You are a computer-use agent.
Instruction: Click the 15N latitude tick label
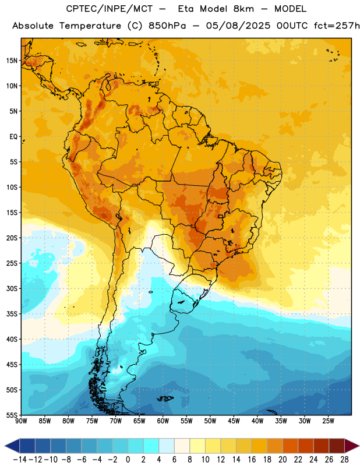[x=12, y=61]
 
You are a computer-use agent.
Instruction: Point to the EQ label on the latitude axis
[x=13, y=137]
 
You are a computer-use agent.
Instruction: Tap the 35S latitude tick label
[x=12, y=314]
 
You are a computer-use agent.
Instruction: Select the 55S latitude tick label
[x=12, y=415]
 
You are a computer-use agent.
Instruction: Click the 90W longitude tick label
[x=22, y=421]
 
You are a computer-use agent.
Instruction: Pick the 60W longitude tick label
[x=163, y=421]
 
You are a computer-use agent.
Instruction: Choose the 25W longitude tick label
[x=328, y=421]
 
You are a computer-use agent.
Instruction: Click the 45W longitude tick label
[x=234, y=421]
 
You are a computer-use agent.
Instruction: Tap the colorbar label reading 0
[x=128, y=460]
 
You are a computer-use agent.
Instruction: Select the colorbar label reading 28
[x=344, y=460]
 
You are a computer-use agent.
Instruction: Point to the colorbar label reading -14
[x=20, y=460]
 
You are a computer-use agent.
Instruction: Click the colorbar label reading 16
[x=252, y=460]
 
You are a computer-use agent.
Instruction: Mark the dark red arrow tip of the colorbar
[x=359, y=446]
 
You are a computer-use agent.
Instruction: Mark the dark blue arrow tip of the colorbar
[x=5, y=446]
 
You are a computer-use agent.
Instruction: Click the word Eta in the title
[x=185, y=9]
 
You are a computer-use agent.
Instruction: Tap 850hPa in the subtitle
[x=167, y=26]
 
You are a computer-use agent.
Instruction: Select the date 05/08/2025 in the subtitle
[x=238, y=26]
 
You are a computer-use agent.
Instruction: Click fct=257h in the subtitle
[x=337, y=26]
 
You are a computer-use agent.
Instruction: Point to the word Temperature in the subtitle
[x=90, y=26]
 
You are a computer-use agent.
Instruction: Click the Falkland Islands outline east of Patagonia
[x=165, y=398]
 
